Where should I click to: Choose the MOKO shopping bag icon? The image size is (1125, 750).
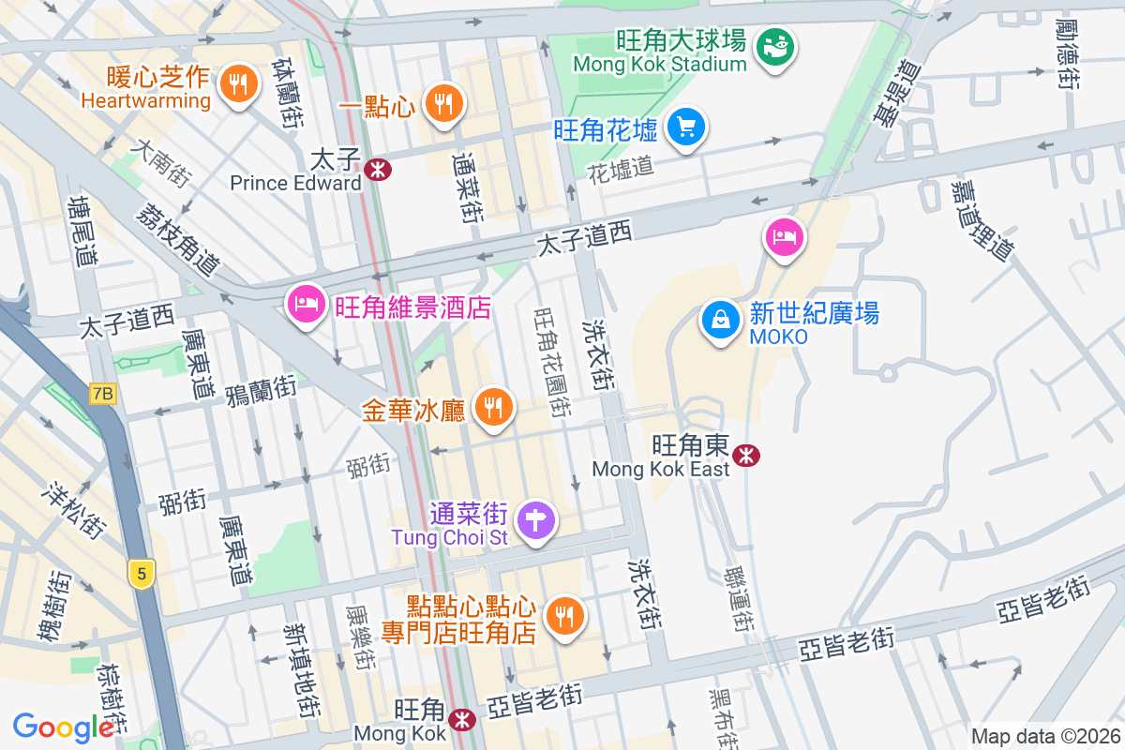720,321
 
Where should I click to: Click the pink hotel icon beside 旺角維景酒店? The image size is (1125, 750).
306,304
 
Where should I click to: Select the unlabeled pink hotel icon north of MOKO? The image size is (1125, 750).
784,235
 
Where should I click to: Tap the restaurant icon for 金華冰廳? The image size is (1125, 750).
492,407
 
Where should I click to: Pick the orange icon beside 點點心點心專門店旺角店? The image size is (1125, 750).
563,615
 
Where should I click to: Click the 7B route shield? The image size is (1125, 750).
103,395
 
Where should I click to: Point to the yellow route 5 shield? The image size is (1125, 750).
141,574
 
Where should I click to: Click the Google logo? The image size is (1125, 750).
64,727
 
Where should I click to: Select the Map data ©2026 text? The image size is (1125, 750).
1044,736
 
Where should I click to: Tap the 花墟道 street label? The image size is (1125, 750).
620,169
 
